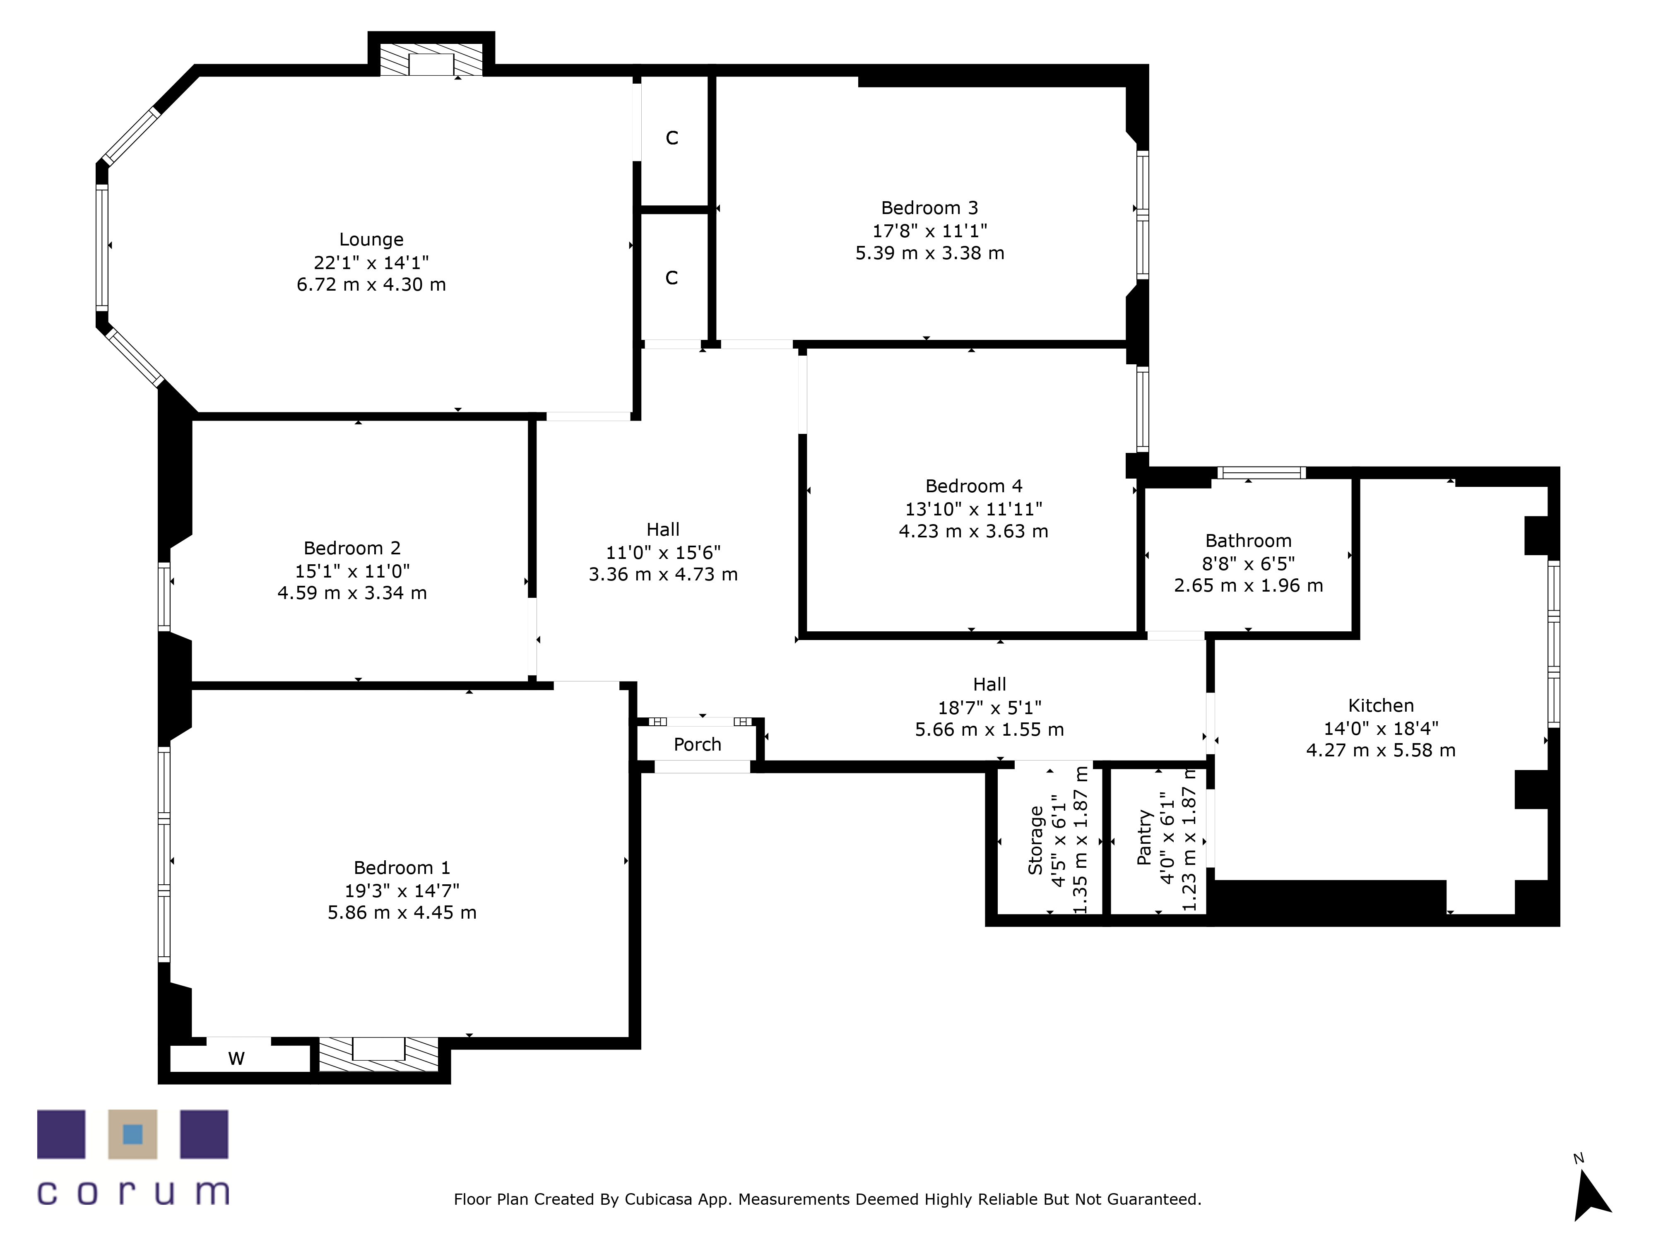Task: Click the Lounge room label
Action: click(x=371, y=240)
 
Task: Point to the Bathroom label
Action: click(x=1248, y=541)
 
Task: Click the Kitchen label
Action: click(x=1381, y=705)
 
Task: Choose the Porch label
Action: click(x=697, y=744)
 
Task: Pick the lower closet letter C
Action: click(x=672, y=278)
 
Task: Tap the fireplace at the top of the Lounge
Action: click(x=431, y=60)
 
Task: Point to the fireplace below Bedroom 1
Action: click(x=379, y=1054)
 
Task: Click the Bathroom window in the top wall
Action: click(x=1261, y=472)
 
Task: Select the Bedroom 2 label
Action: click(x=352, y=548)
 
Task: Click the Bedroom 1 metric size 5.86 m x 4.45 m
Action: click(x=402, y=912)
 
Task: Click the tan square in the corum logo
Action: click(x=132, y=1134)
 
